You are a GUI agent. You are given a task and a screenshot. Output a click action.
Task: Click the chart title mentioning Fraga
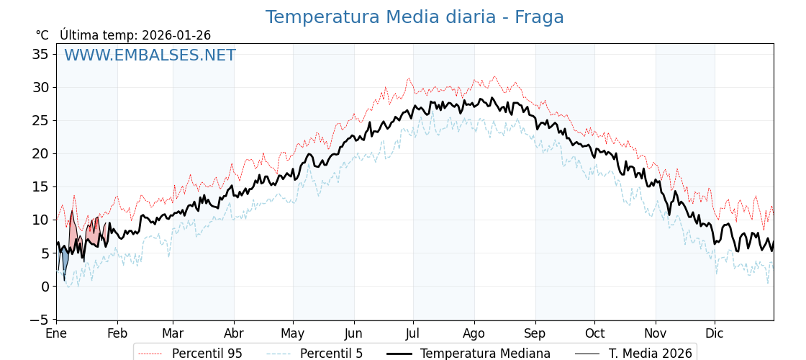coord(415,17)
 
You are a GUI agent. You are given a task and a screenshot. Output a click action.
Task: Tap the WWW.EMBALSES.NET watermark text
coord(150,55)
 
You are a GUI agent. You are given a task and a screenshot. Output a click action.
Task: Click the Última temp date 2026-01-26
coord(176,35)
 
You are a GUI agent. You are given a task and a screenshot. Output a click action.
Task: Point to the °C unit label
coord(42,35)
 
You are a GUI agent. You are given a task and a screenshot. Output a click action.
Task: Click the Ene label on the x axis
coord(56,333)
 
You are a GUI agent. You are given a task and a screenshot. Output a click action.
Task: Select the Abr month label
coord(233,333)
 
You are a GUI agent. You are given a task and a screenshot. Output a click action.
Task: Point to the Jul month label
coord(413,333)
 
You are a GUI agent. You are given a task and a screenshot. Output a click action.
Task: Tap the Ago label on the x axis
coord(474,333)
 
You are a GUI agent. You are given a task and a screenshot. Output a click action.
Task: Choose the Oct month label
coord(594,333)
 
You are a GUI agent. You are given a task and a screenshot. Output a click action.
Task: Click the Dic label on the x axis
coord(715,333)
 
